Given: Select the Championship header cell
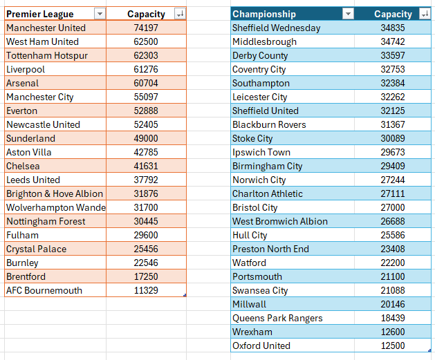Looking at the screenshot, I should tap(264, 14).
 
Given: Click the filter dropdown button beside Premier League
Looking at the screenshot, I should tap(100, 14).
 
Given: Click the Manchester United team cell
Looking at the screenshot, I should tap(46, 28).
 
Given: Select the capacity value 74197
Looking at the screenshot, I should tap(146, 28).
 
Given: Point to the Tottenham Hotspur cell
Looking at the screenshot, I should tap(47, 55).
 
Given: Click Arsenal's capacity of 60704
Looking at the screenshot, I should tap(146, 83).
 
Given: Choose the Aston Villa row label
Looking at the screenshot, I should tap(28, 152).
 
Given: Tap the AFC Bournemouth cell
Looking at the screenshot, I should tap(44, 290).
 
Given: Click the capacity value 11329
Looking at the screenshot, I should tap(146, 290).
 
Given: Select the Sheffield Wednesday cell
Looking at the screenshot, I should tap(277, 28).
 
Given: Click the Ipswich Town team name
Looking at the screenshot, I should tap(261, 152).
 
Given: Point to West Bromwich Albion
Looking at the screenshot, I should tap(280, 221).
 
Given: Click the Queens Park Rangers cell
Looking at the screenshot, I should tap(277, 318).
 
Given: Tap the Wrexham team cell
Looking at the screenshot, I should tap(252, 332).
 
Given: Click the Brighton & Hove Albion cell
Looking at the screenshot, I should tap(55, 193).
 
